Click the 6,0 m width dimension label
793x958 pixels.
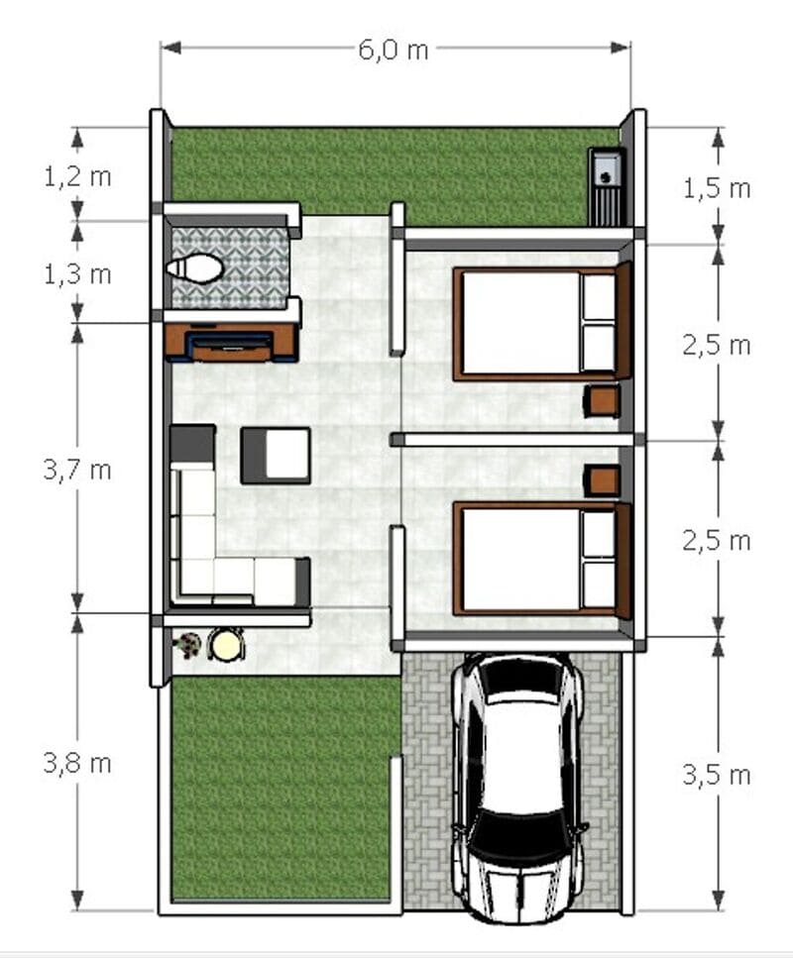394,51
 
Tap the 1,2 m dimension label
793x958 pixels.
77,177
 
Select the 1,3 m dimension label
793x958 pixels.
77,275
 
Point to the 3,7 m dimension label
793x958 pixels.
77,471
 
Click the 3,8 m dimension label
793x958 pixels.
77,764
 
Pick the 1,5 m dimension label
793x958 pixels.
717,189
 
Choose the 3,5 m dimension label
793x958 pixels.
717,776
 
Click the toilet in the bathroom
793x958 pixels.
194,268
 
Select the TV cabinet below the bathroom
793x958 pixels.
231,343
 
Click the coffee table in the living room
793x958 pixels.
276,456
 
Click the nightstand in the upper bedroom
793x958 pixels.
602,401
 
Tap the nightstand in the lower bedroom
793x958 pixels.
602,480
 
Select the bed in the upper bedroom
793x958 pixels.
541,323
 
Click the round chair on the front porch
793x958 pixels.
226,645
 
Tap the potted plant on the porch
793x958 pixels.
187,645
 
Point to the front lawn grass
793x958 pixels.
282,789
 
